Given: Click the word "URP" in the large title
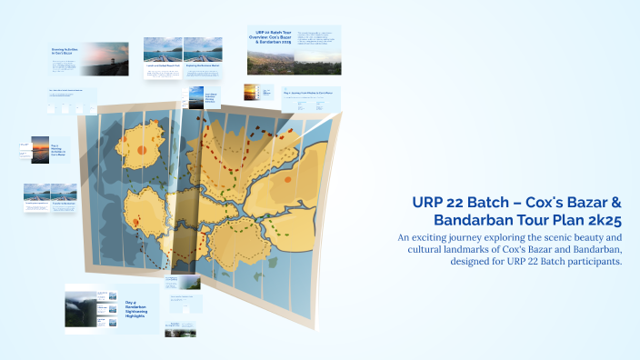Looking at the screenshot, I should (431, 201).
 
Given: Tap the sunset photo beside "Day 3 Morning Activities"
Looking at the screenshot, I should (40, 149).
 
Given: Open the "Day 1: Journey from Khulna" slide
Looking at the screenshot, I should (312, 94).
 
